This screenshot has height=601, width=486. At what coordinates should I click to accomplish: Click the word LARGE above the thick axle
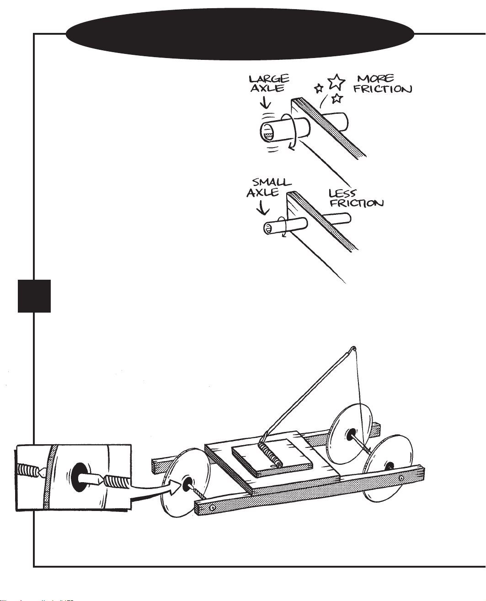point(269,79)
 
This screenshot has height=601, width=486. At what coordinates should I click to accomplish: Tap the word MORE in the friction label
point(375,79)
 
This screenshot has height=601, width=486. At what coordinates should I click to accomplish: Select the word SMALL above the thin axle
point(272,182)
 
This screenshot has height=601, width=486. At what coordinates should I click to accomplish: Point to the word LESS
point(342,193)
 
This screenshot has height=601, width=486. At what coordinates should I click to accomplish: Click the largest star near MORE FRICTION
point(336,81)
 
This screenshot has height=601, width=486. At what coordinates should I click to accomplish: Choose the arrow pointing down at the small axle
point(262,207)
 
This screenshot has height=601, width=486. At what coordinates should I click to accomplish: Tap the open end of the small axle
point(268,228)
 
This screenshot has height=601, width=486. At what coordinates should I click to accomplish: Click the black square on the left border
point(34,296)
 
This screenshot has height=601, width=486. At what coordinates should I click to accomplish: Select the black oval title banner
point(240,34)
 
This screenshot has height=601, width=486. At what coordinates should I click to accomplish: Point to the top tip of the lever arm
point(353,348)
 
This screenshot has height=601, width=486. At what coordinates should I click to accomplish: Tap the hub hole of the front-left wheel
point(187,484)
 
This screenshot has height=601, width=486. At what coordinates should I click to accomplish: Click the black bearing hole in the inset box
point(79,477)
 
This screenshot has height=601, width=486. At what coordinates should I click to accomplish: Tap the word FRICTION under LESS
point(357,203)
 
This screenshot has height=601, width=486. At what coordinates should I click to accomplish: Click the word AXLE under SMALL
point(262,192)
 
